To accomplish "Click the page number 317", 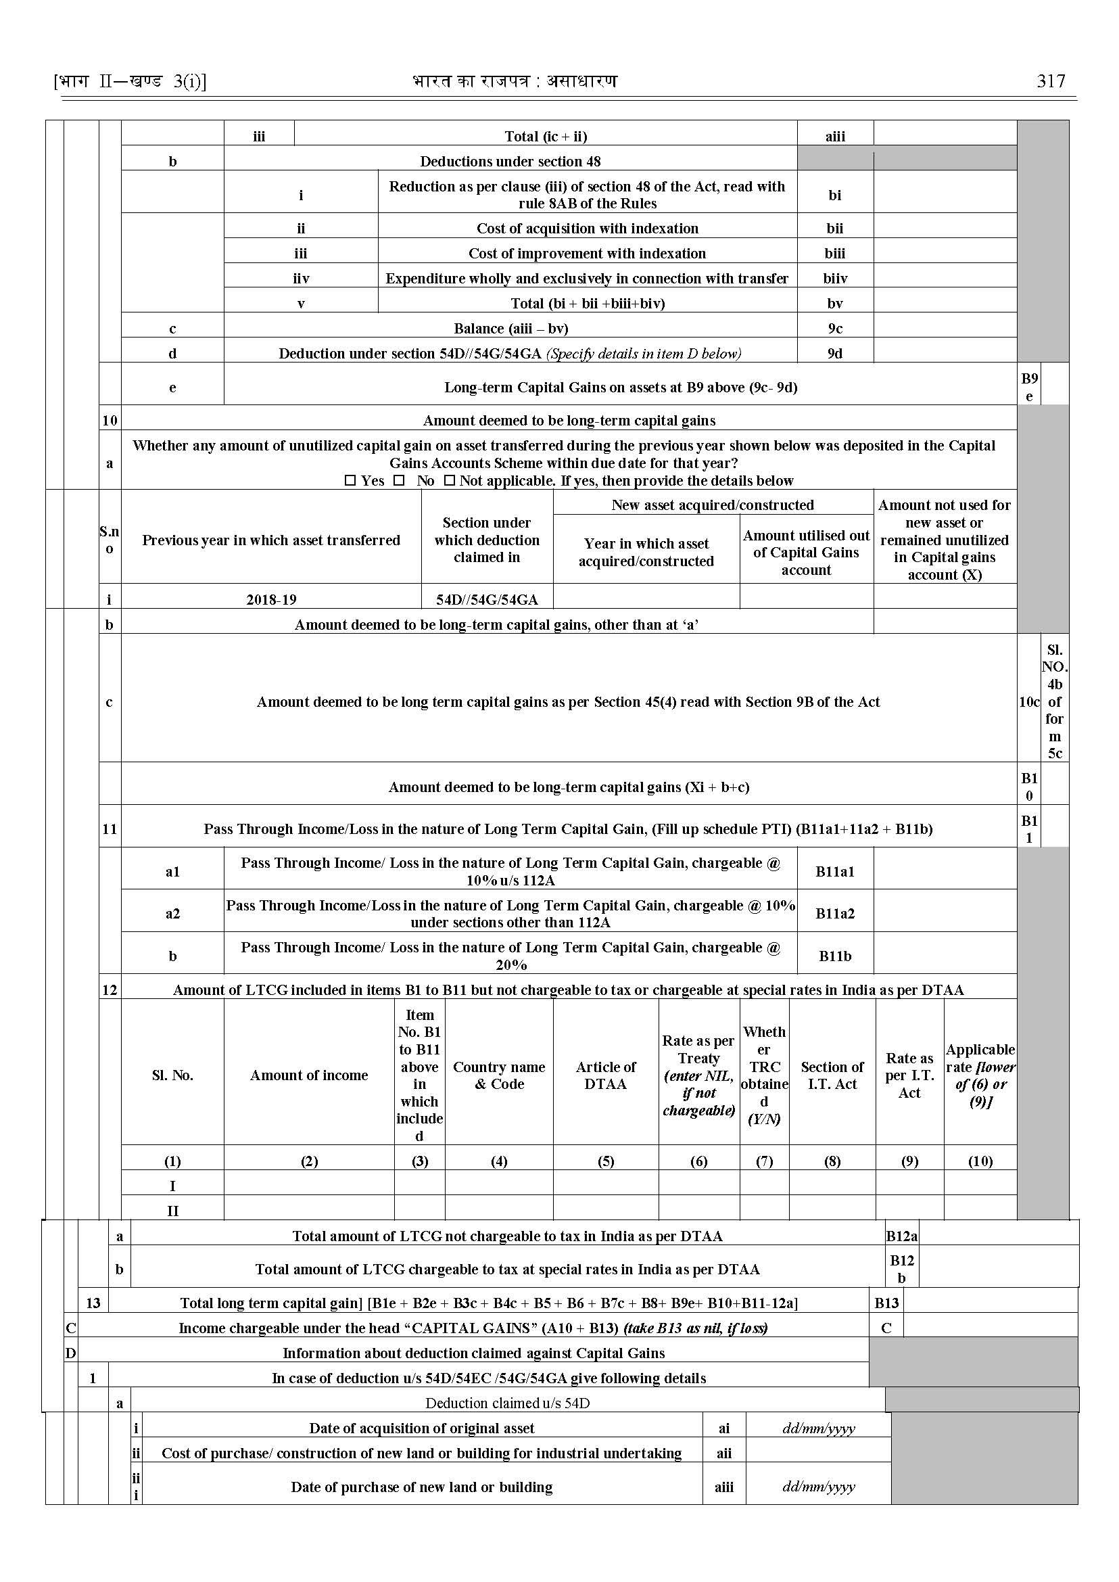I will click(1050, 81).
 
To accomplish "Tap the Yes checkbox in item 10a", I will click(350, 480).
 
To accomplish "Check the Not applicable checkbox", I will click(449, 480).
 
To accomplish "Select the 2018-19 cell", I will click(272, 599).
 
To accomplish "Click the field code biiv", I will click(835, 279).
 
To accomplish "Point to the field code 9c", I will click(835, 329).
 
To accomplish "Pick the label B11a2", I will click(835, 913).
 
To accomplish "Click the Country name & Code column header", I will click(499, 1075).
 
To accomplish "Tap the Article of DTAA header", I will click(606, 1075).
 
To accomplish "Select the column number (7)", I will click(764, 1161).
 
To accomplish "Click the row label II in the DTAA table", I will click(172, 1211).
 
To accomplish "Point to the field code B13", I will click(886, 1303).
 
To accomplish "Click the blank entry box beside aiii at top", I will click(945, 136).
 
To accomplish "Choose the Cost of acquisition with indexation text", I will click(587, 229).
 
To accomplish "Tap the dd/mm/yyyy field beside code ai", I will click(819, 1428).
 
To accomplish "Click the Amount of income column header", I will click(309, 1075).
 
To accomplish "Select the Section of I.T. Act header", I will click(832, 1075).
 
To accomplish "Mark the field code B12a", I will click(901, 1236).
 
